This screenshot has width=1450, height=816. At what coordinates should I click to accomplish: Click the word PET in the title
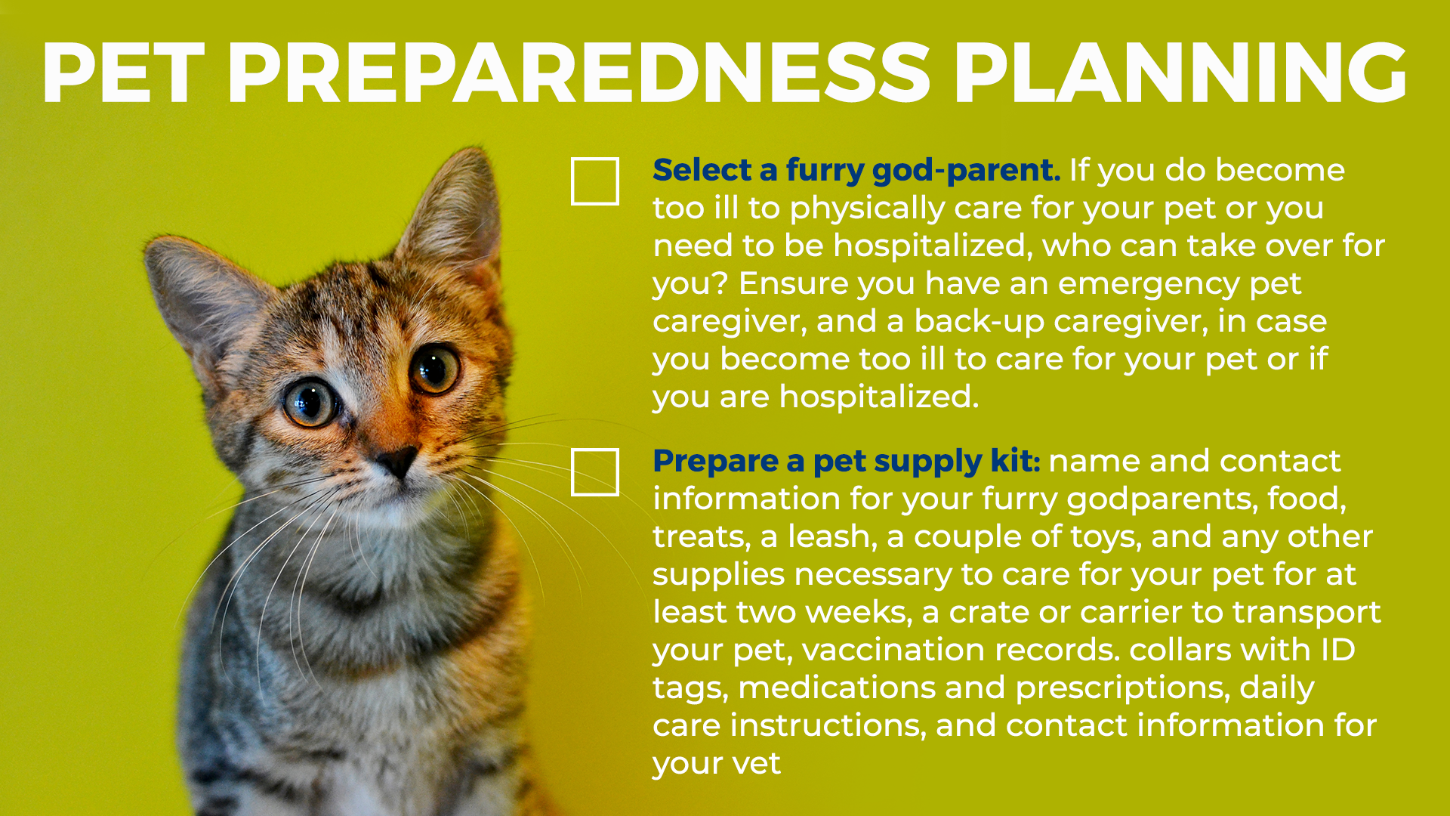click(x=123, y=73)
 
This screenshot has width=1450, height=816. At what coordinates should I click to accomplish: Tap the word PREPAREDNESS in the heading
click(x=578, y=73)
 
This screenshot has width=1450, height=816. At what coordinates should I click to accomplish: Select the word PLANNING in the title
click(x=1180, y=73)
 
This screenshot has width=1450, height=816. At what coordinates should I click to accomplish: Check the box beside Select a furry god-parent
click(x=595, y=181)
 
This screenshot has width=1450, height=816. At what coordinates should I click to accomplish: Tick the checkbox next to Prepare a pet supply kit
click(x=595, y=472)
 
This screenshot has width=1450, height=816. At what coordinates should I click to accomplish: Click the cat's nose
click(x=397, y=460)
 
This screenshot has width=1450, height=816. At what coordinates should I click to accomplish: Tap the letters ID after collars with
click(x=1337, y=650)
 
